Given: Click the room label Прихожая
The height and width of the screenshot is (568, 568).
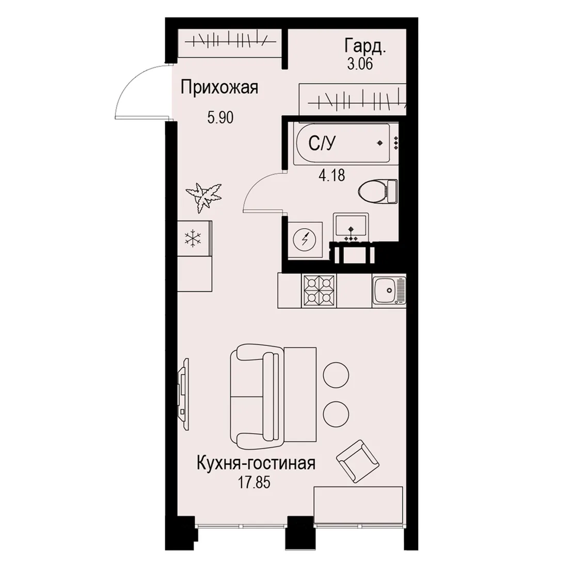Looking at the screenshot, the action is pyautogui.click(x=219, y=88).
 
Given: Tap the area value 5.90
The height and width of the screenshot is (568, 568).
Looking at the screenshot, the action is pyautogui.click(x=220, y=117).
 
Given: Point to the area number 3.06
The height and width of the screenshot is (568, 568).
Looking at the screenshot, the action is pyautogui.click(x=360, y=64).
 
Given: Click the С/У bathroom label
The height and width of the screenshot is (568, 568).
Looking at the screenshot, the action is pyautogui.click(x=322, y=144).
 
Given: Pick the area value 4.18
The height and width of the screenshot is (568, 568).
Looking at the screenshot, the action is pyautogui.click(x=332, y=176).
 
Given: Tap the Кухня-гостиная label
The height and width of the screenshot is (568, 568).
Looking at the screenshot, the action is pyautogui.click(x=256, y=463).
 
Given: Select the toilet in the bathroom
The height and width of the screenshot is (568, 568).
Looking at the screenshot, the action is pyautogui.click(x=377, y=191).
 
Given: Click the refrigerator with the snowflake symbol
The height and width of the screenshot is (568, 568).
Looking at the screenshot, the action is pyautogui.click(x=194, y=239).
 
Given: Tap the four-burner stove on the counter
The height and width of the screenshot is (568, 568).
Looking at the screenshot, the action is pyautogui.click(x=319, y=291).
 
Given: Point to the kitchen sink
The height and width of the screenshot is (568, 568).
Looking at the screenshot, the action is pyautogui.click(x=389, y=291).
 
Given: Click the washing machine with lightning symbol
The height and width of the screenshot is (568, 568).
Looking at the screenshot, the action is pyautogui.click(x=305, y=240).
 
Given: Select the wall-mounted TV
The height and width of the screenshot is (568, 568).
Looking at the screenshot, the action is pyautogui.click(x=184, y=394).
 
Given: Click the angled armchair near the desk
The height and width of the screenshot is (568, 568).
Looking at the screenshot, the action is pyautogui.click(x=357, y=461).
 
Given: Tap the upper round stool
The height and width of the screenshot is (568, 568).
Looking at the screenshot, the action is pyautogui.click(x=336, y=375).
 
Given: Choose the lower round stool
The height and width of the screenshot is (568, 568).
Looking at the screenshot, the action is pyautogui.click(x=336, y=413).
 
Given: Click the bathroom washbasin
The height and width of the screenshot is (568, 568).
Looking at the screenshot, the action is pyautogui.click(x=351, y=227).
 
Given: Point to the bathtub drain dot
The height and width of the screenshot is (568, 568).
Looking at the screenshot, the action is pyautogui.click(x=380, y=143).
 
